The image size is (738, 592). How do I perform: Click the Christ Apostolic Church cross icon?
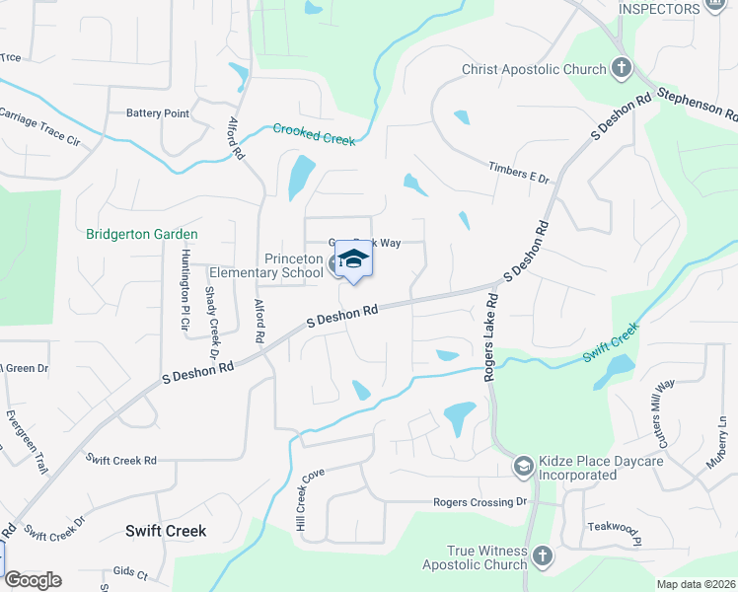[x=622, y=69]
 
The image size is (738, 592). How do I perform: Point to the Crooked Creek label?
[x=314, y=134]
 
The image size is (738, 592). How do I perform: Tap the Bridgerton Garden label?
[x=142, y=235]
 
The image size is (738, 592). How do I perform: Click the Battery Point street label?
[x=157, y=114]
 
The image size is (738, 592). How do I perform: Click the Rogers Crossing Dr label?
[x=480, y=502]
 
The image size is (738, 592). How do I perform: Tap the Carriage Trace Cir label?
[x=39, y=126]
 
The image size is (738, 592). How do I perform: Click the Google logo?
[x=33, y=580]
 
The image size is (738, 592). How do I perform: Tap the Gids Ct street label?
[x=129, y=572]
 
